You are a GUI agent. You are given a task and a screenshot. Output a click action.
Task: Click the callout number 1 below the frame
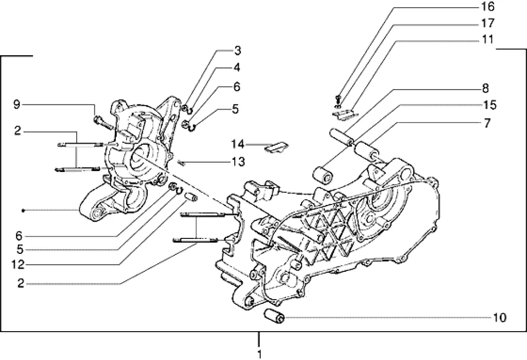259,354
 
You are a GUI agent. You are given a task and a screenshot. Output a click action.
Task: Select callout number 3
238,51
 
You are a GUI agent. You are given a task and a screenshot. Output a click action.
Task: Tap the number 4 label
237,67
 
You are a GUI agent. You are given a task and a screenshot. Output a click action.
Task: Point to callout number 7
487,123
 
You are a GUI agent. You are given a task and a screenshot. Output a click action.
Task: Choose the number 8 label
485,89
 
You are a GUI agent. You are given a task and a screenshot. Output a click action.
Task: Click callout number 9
17,105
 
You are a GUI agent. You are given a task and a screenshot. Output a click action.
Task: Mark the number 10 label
500,317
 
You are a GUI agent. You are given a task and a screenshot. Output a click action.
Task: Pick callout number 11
487,39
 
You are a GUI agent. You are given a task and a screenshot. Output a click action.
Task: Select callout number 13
239,162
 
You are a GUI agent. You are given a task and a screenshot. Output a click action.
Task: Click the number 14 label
237,145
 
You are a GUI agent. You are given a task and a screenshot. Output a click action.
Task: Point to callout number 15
490,105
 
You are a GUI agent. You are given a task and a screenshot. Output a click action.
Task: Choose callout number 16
488,6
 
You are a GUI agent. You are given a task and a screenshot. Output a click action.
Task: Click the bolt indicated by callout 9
102,122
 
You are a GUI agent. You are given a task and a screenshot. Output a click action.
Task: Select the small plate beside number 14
277,147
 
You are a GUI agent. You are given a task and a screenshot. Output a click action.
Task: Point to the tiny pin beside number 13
181,163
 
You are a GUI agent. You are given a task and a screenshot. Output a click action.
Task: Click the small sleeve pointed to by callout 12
192,196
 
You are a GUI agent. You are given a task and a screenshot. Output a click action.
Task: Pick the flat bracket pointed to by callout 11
345,114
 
